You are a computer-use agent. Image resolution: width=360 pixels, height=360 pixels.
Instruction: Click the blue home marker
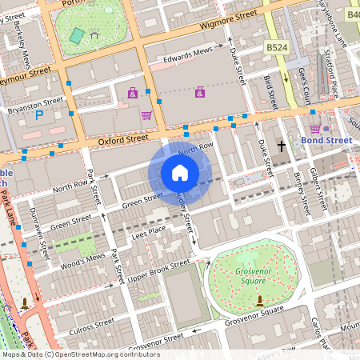click(180, 172)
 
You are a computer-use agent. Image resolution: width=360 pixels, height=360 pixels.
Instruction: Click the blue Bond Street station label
click(326, 141)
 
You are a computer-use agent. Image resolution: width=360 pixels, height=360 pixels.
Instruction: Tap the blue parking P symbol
click(38, 115)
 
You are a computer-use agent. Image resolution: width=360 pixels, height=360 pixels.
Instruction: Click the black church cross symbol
click(281, 146)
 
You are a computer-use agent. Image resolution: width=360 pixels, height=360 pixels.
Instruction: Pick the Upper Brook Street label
click(159, 270)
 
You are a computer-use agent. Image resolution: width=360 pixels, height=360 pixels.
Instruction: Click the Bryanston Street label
click(35, 104)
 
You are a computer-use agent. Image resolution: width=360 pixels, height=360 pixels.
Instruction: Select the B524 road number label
click(277, 48)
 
